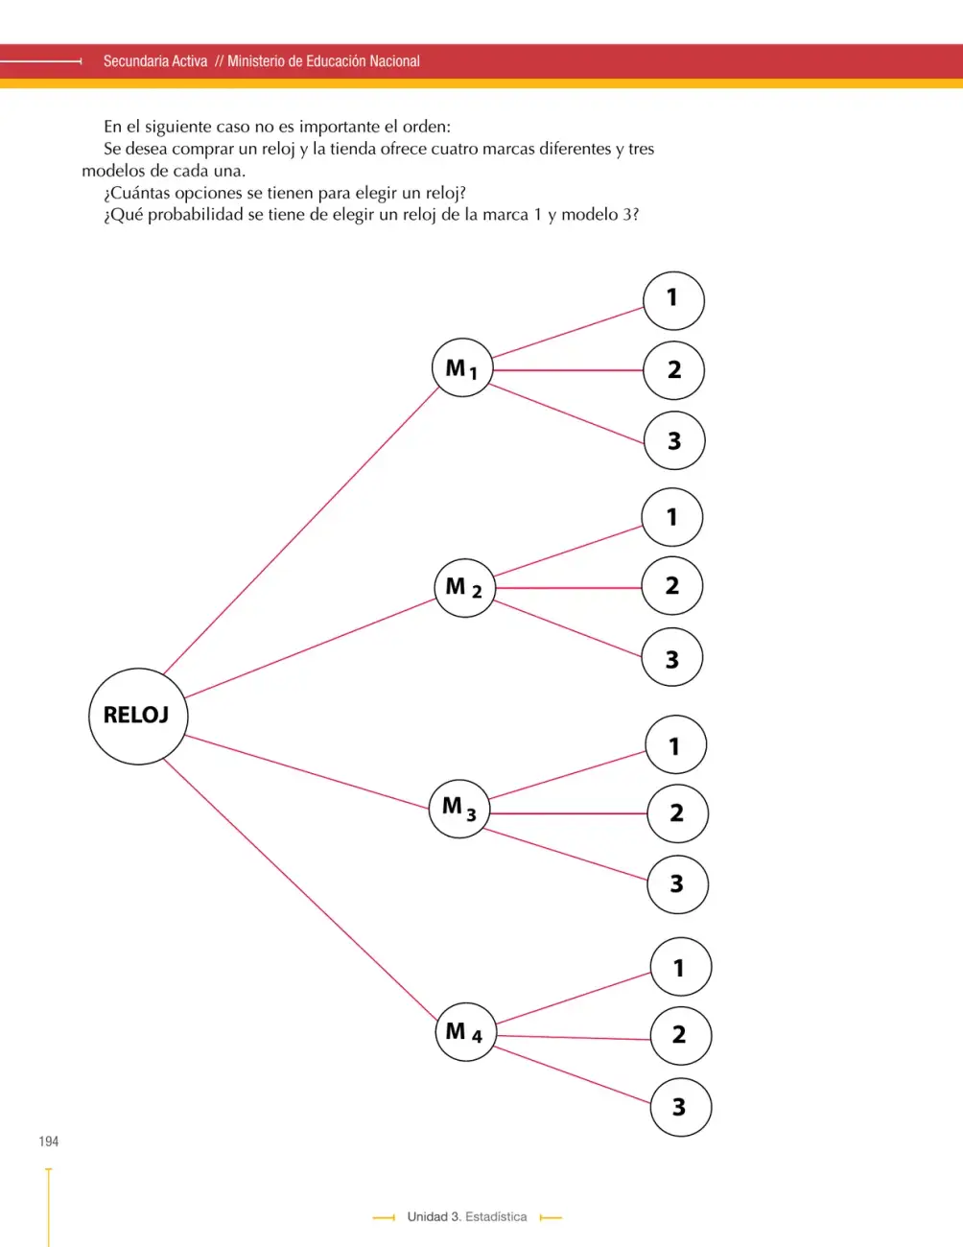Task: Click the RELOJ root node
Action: tap(138, 716)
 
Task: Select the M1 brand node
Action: tap(462, 367)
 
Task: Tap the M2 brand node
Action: tap(464, 588)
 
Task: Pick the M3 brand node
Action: tap(459, 808)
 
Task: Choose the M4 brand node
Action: tap(466, 1031)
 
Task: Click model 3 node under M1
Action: tap(674, 440)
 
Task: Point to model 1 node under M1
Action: tap(674, 300)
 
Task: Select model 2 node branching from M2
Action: tap(672, 585)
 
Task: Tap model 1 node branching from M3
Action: tap(675, 744)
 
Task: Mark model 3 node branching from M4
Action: tap(681, 1107)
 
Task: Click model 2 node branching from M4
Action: tap(681, 1035)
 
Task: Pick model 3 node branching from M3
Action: tap(677, 884)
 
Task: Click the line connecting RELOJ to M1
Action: tap(301, 530)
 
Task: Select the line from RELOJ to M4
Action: tap(300, 889)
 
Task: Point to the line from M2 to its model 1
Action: tap(568, 551)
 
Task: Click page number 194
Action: tap(49, 1141)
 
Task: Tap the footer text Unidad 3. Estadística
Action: tap(467, 1216)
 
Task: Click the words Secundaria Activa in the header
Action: tap(155, 60)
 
